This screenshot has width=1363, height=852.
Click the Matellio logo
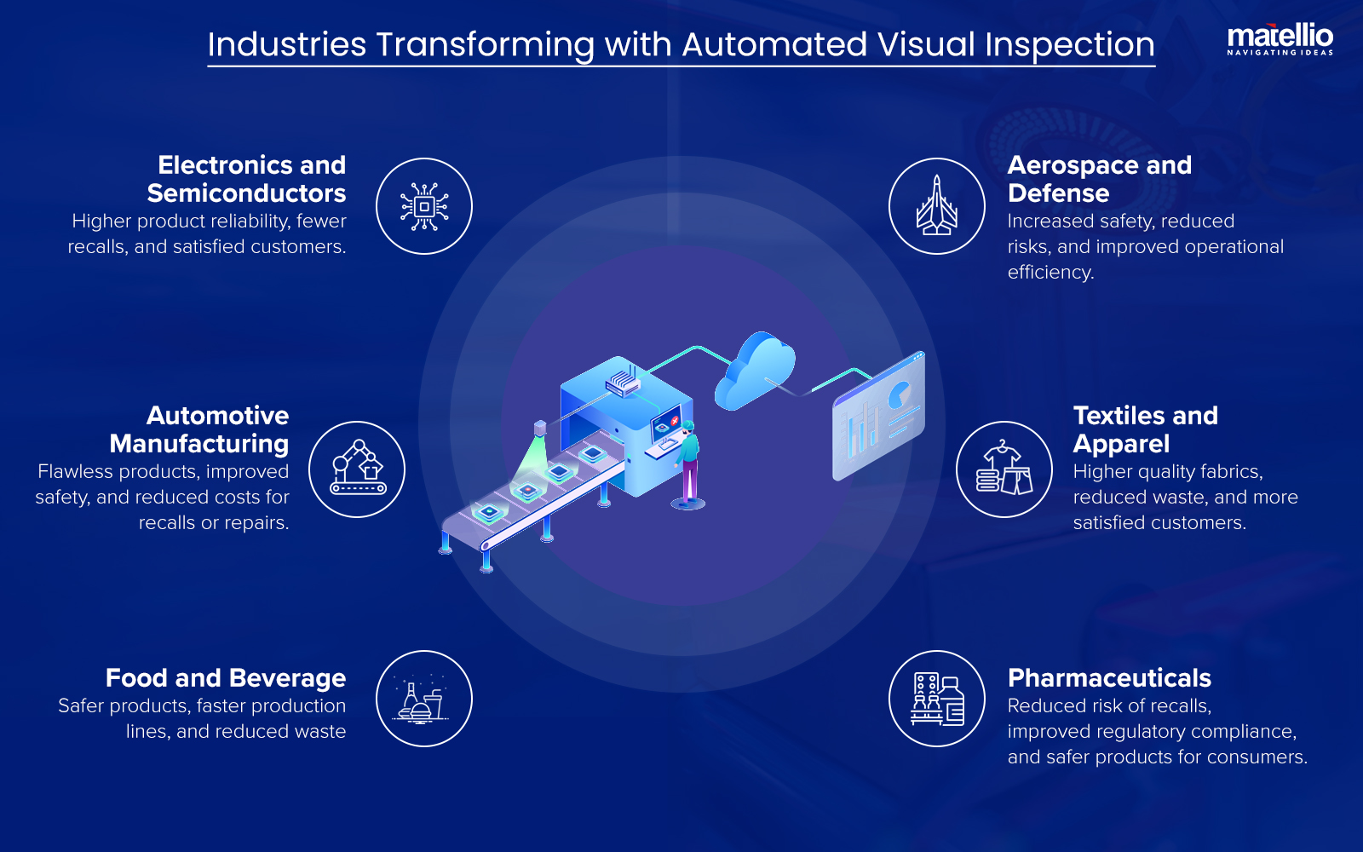[1280, 38]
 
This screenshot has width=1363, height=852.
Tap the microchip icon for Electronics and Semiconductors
[424, 206]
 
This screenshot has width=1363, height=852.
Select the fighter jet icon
[936, 206]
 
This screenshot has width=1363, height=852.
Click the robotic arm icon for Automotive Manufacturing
[357, 469]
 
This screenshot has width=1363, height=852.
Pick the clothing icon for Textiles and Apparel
[1004, 469]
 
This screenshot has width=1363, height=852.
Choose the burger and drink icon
[423, 699]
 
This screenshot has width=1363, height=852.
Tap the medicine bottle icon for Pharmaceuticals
[937, 699]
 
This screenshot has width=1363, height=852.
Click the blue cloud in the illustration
[754, 371]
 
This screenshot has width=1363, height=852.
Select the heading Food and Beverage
[226, 678]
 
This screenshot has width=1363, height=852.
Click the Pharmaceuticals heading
[1109, 678]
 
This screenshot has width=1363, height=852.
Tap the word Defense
[1058, 193]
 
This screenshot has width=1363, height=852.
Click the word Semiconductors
[246, 193]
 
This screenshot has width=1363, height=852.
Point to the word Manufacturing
[199, 444]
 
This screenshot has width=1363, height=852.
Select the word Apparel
[1121, 444]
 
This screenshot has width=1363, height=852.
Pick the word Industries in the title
[287, 44]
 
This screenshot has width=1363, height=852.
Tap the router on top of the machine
[623, 383]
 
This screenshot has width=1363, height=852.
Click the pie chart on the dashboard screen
[900, 394]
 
